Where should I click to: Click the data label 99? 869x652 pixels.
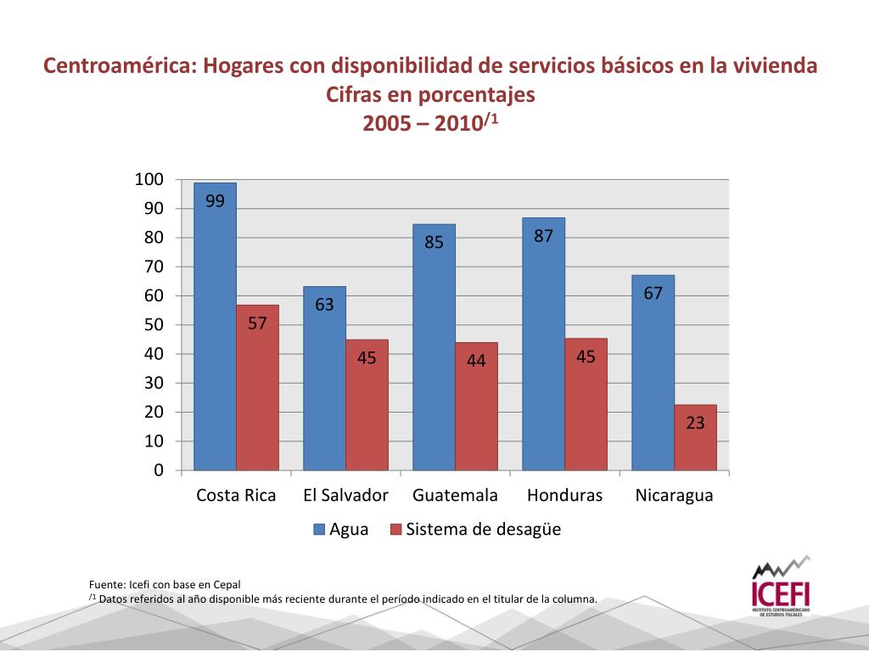tap(215, 201)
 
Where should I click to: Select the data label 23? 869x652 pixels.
tap(695, 422)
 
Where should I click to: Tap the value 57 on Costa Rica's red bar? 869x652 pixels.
tap(257, 324)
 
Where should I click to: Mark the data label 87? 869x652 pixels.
tap(543, 237)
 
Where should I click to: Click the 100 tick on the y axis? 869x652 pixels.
tap(149, 179)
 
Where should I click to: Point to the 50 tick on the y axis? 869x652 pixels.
tap(154, 325)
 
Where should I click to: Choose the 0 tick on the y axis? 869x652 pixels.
tap(159, 470)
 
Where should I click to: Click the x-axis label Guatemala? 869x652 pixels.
tap(455, 496)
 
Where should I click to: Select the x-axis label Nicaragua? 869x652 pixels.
tap(674, 496)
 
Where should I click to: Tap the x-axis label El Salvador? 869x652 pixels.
tap(345, 496)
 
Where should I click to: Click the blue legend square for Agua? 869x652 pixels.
tap(320, 530)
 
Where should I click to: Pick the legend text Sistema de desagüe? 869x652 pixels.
tap(483, 530)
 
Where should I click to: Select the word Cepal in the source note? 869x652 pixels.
tap(226, 584)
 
